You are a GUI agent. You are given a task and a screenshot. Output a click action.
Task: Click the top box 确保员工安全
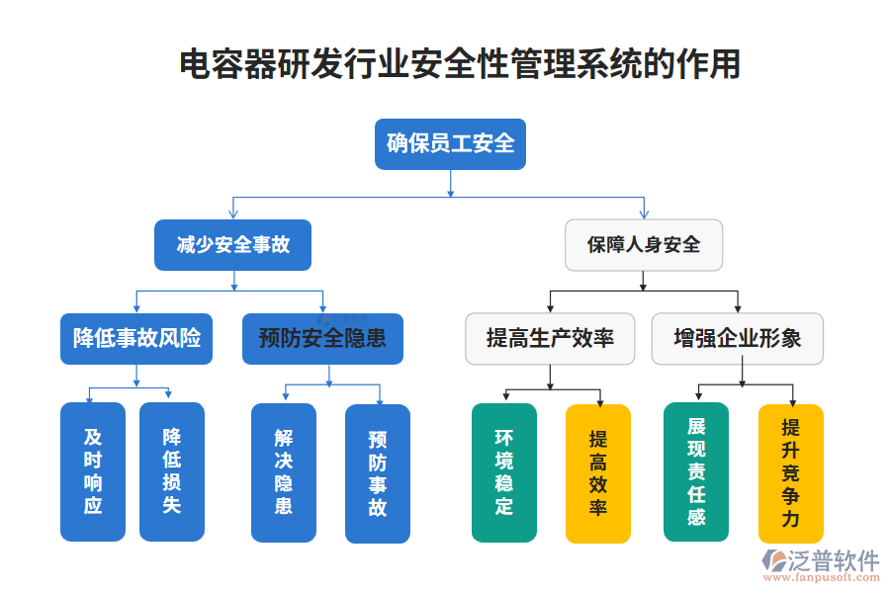tap(450, 144)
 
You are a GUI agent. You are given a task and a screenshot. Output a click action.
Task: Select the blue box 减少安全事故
tap(232, 245)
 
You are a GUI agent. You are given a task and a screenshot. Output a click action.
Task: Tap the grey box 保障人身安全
tap(643, 245)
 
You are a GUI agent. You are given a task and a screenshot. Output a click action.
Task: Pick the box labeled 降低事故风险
tap(136, 339)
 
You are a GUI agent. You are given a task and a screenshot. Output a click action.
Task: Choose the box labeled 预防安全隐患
tap(322, 339)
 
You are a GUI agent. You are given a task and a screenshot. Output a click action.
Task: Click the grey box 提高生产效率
tap(550, 339)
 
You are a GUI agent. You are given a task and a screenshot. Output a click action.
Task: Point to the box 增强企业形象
tap(737, 339)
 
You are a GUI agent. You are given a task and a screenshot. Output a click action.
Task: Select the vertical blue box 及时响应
tap(93, 471)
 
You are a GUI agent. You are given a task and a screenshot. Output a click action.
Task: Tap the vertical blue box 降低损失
tap(171, 471)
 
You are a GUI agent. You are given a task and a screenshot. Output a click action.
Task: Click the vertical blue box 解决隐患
tap(284, 472)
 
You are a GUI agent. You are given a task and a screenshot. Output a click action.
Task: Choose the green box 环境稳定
tap(504, 472)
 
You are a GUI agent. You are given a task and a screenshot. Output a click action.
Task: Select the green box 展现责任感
tap(696, 471)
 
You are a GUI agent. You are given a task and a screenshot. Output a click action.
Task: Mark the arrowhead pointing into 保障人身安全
tap(644, 214)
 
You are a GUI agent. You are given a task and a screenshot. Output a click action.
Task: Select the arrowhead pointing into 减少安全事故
tap(232, 213)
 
